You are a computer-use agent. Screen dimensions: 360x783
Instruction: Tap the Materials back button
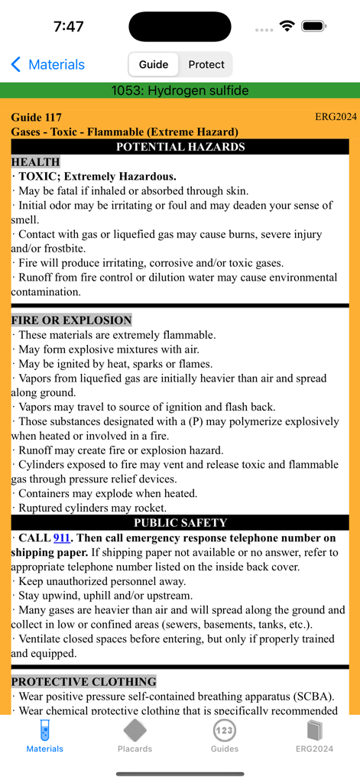(47, 65)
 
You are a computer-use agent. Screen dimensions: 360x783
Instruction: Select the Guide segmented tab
(154, 65)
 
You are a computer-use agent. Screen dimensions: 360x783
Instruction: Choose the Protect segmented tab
(206, 65)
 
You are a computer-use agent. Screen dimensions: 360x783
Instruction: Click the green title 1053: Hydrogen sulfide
(180, 91)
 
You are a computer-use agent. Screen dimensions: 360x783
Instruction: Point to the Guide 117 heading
(36, 118)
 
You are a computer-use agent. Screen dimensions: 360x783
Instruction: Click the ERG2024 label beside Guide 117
(336, 117)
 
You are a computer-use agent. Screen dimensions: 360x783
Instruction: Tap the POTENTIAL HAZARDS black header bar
(180, 147)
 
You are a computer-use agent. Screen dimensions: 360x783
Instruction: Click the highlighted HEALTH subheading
(35, 162)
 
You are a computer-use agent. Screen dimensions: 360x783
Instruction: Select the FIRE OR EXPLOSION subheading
(71, 320)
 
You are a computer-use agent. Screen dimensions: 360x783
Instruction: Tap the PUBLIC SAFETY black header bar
(180, 523)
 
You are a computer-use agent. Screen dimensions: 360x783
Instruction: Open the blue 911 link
(62, 538)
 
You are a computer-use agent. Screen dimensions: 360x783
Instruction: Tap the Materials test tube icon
(45, 731)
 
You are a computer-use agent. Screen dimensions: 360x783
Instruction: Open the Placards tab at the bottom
(135, 736)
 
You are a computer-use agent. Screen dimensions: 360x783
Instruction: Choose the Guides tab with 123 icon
(224, 736)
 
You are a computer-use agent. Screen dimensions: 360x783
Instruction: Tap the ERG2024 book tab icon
(314, 736)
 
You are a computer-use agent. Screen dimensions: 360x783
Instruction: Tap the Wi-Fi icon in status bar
(287, 26)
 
